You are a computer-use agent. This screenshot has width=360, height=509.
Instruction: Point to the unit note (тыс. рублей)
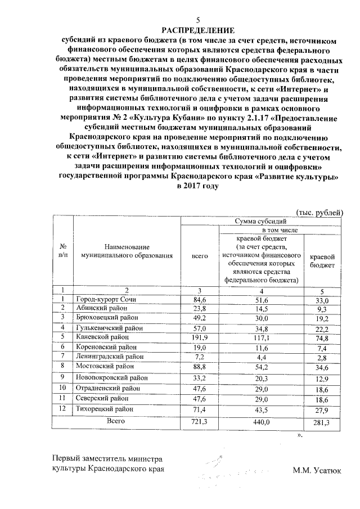(319, 211)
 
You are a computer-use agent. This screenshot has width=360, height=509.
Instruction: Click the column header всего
(200, 256)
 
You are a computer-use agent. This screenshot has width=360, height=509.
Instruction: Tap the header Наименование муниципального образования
(126, 251)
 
